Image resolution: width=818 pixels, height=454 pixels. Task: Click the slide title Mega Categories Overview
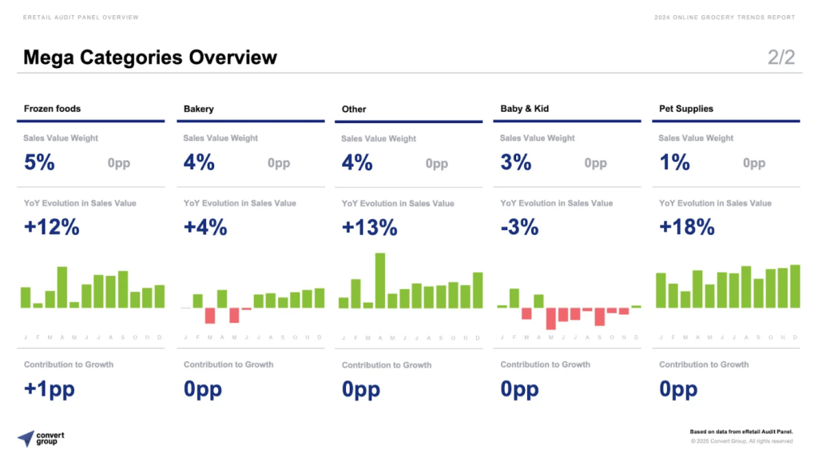pyautogui.click(x=150, y=58)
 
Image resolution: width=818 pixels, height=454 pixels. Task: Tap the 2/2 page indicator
pyautogui.click(x=781, y=58)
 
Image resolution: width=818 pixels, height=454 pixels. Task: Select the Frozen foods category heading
pyautogui.click(x=52, y=109)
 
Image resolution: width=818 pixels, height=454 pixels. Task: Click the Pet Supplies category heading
pyautogui.click(x=685, y=109)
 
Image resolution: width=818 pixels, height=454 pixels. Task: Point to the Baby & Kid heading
pyautogui.click(x=524, y=109)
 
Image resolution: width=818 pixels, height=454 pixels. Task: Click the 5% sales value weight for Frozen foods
pyautogui.click(x=39, y=162)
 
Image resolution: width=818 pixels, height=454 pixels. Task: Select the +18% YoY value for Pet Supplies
pyautogui.click(x=686, y=227)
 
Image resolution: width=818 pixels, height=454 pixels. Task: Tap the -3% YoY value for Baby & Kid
pyautogui.click(x=519, y=227)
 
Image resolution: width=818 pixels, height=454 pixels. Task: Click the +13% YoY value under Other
pyautogui.click(x=369, y=227)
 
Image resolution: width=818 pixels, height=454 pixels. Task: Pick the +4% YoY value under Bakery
pyautogui.click(x=205, y=227)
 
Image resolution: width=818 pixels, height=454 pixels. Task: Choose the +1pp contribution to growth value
pyautogui.click(x=50, y=389)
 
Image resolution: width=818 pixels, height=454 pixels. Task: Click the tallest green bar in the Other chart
pyautogui.click(x=380, y=281)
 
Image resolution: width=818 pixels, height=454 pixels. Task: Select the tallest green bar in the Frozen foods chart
pyautogui.click(x=62, y=287)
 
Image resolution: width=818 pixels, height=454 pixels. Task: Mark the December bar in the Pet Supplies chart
pyautogui.click(x=795, y=286)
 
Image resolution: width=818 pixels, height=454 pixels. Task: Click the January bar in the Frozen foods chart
pyautogui.click(x=26, y=297)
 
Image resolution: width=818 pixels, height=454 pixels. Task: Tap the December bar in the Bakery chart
pyautogui.click(x=320, y=298)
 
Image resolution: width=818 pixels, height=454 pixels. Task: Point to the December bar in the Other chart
pyautogui.click(x=478, y=290)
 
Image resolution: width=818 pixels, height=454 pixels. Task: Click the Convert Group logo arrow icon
pyautogui.click(x=26, y=438)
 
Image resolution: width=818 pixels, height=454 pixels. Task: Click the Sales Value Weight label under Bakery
pyautogui.click(x=220, y=138)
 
